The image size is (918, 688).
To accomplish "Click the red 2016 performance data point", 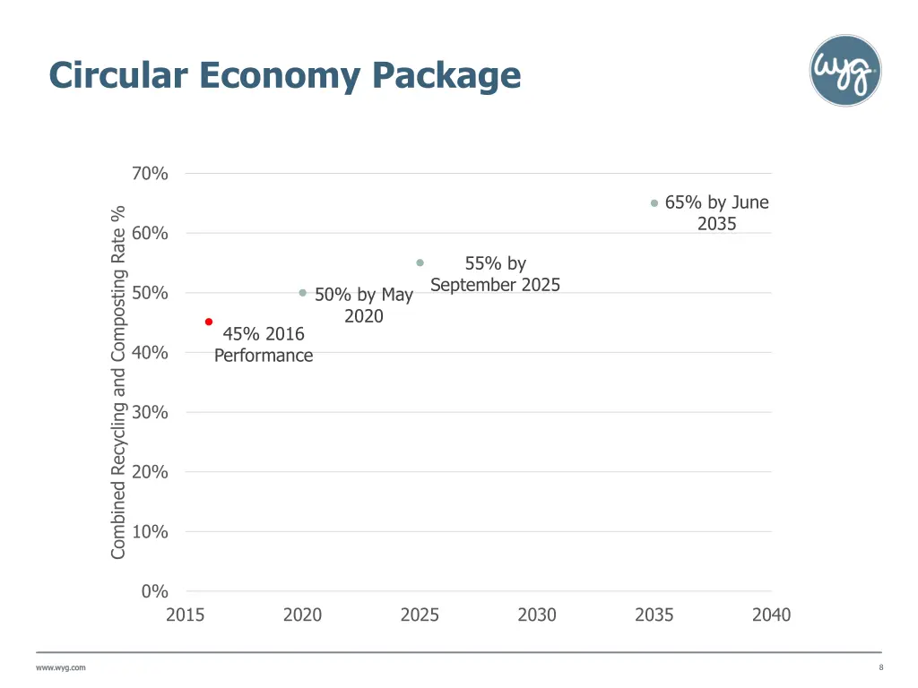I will (x=209, y=322).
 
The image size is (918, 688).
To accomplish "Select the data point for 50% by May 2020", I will (x=303, y=293).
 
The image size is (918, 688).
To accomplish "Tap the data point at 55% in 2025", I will (x=420, y=262).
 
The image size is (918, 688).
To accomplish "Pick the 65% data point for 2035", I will (x=654, y=203).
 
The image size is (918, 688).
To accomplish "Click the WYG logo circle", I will (x=844, y=71).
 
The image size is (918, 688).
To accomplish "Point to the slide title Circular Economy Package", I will (x=285, y=74).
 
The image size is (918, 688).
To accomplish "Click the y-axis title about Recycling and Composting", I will (x=118, y=383).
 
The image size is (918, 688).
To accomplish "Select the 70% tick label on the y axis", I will (x=150, y=174).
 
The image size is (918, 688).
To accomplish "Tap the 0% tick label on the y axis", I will (x=154, y=591).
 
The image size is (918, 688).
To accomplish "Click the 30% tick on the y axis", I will (x=150, y=412).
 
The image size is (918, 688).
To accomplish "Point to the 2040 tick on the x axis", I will (x=771, y=615).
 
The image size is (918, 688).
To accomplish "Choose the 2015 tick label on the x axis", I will (x=185, y=615).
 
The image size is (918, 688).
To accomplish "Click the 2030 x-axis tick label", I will (x=537, y=615).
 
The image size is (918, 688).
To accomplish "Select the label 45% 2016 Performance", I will (x=264, y=345).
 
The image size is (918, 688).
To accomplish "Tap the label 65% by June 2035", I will (x=716, y=213).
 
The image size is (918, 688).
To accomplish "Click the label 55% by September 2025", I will (x=495, y=274).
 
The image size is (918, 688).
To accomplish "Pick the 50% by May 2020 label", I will (x=364, y=305).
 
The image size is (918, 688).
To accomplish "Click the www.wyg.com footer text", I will (x=61, y=667).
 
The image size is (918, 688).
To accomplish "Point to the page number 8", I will (x=880, y=667).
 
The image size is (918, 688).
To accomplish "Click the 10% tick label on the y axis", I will (x=150, y=531).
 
